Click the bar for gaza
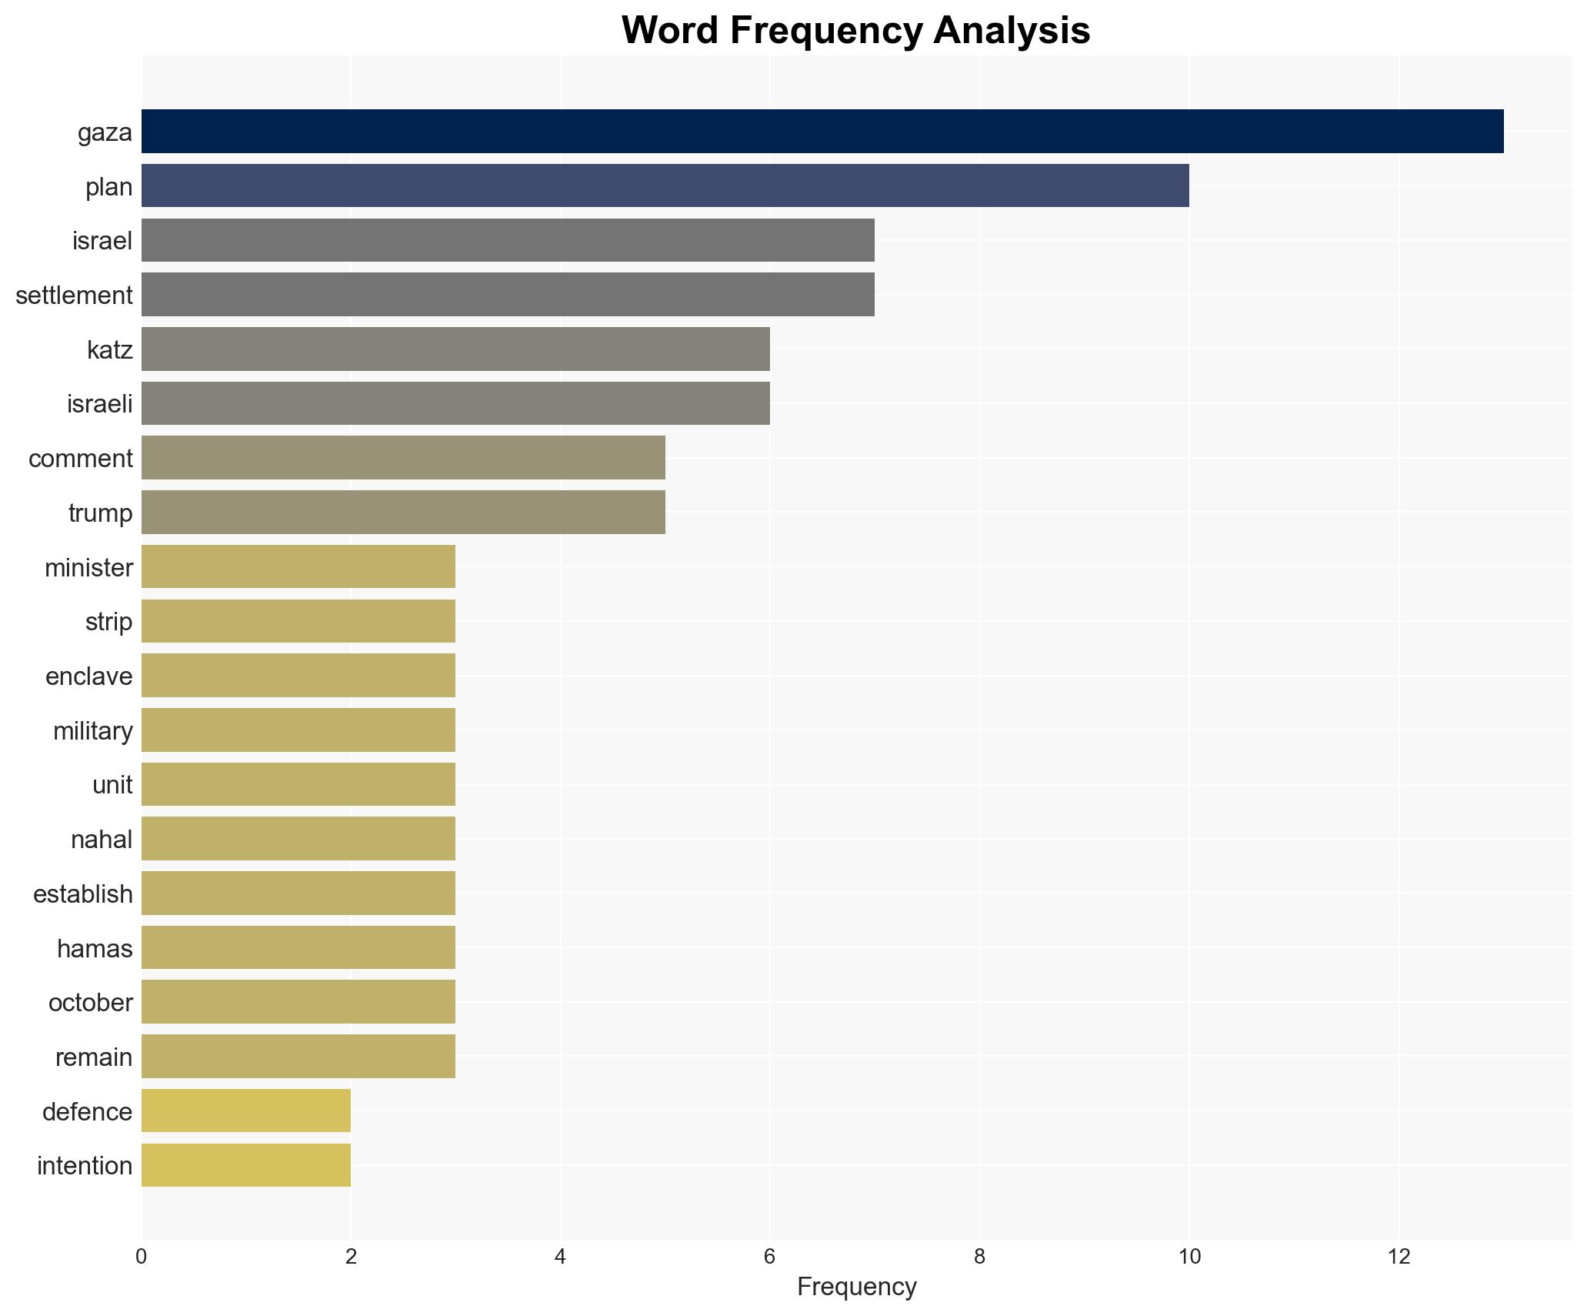click(x=822, y=132)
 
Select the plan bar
click(x=665, y=186)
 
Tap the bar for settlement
click(x=508, y=295)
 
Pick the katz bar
click(x=455, y=349)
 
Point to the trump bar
click(x=403, y=513)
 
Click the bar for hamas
click(x=298, y=947)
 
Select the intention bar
click(x=246, y=1165)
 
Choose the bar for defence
click(x=246, y=1111)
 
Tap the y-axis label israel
click(x=102, y=241)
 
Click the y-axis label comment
click(x=81, y=459)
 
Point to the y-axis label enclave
click(x=89, y=676)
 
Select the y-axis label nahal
click(x=102, y=840)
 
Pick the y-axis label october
click(x=91, y=1003)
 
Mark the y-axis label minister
click(x=88, y=568)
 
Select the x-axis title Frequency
click(x=856, y=1287)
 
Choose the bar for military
click(x=298, y=730)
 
